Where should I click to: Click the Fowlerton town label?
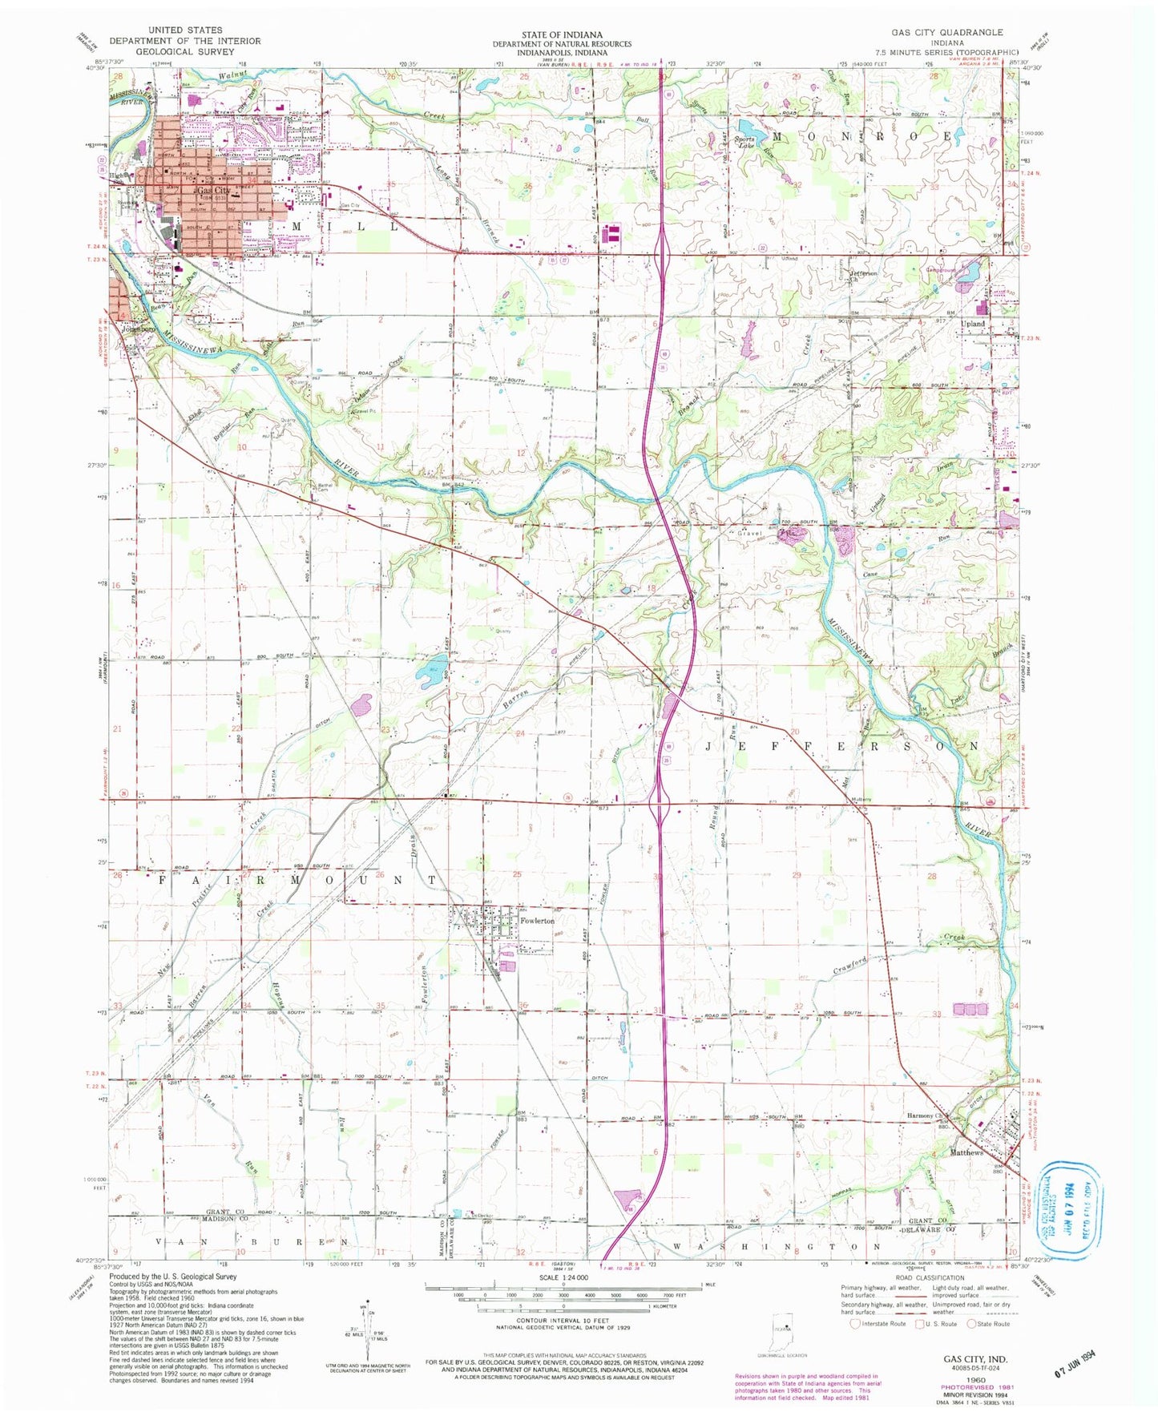click(537, 921)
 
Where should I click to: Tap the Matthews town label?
click(966, 1152)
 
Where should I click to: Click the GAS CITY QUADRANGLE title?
click(946, 32)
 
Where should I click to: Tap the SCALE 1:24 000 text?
click(564, 1277)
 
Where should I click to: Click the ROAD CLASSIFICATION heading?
click(930, 1278)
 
